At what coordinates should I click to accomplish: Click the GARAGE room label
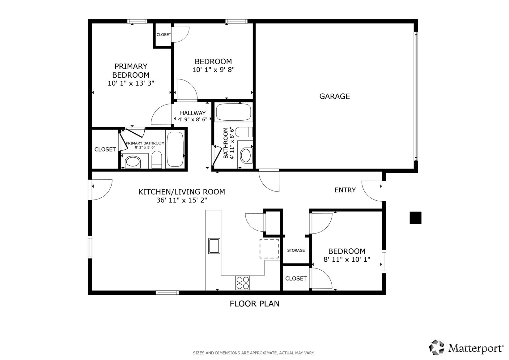[x=334, y=96]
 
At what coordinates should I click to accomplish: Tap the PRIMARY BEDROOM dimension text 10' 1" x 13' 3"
[x=131, y=84]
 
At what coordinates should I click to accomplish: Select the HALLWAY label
[x=193, y=113]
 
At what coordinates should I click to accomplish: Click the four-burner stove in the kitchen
[x=243, y=283]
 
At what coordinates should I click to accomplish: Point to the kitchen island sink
[x=214, y=246]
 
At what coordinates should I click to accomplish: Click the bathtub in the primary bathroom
[x=175, y=149]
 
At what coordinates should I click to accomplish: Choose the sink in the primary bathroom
[x=133, y=162]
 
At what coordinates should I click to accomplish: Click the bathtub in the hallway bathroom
[x=233, y=112]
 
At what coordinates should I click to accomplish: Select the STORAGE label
[x=296, y=251]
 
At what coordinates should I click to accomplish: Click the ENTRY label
[x=345, y=190]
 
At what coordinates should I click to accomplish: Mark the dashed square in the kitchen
[x=269, y=249]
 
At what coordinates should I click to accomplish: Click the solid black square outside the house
[x=415, y=218]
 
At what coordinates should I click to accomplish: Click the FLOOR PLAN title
[x=255, y=304]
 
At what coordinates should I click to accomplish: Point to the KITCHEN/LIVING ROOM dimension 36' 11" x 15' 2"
[x=181, y=200]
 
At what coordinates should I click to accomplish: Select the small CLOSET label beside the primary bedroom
[x=163, y=35]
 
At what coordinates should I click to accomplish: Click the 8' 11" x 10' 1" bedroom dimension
[x=347, y=259]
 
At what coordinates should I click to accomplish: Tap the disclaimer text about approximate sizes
[x=254, y=353]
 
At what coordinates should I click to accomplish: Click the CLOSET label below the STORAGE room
[x=296, y=278]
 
